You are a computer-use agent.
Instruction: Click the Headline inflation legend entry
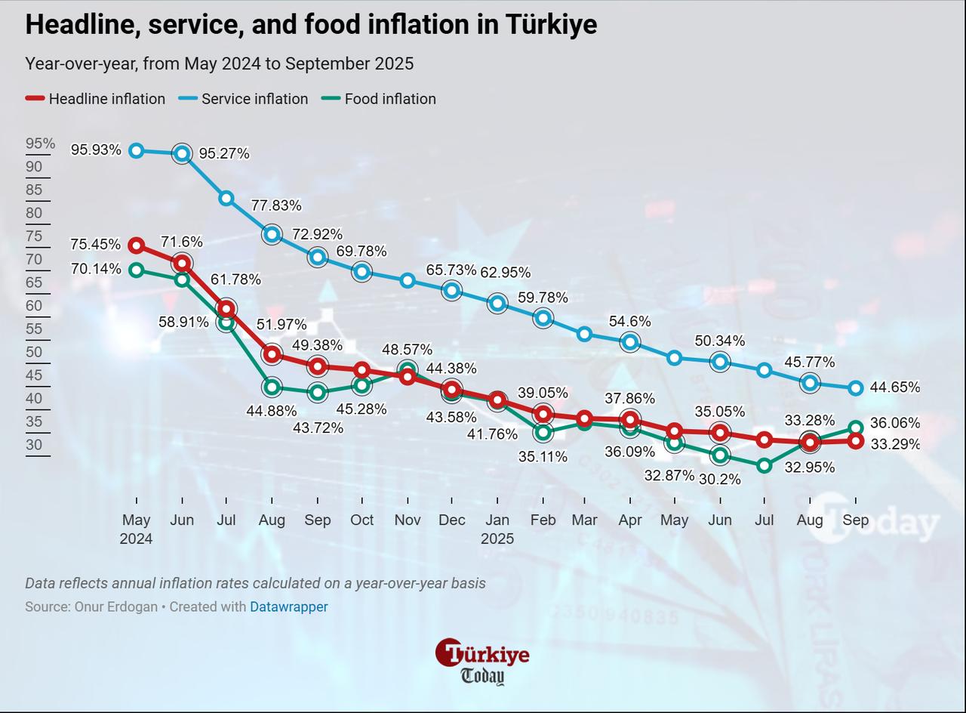click(95, 99)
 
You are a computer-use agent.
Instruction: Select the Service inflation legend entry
click(243, 99)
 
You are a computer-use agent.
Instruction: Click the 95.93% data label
click(96, 150)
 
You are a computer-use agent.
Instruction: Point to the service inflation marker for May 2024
click(137, 151)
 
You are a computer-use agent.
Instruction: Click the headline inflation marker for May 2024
click(137, 245)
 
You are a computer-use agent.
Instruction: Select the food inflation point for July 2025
click(764, 466)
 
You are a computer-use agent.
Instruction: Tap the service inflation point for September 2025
click(855, 388)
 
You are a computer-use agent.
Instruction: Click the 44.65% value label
click(894, 387)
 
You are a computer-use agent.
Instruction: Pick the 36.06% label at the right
click(894, 423)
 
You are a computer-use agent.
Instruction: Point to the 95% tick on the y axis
click(40, 144)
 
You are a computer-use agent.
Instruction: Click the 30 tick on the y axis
click(34, 445)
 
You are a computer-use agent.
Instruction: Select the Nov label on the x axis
click(408, 520)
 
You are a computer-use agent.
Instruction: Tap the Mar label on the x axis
click(584, 520)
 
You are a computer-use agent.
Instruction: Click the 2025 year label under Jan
click(497, 539)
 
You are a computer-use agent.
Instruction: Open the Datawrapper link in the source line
click(288, 607)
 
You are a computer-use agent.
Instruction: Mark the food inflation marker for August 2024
click(272, 387)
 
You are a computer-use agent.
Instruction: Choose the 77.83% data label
click(276, 205)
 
